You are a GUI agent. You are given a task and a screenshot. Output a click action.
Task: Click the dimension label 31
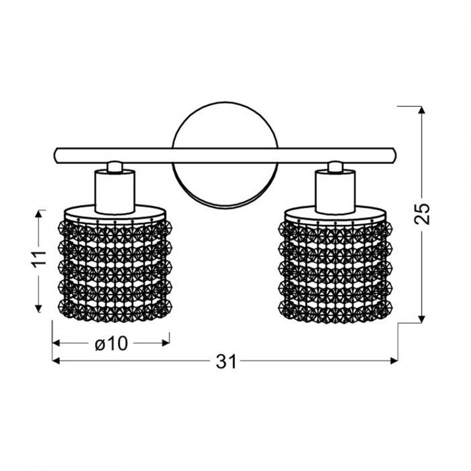226,362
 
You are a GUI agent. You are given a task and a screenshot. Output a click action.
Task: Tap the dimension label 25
422,214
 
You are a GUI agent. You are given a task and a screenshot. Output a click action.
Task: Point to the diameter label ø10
111,343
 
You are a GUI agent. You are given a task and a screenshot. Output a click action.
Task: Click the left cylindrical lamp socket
115,192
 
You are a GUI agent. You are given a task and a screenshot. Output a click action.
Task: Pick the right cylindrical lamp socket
336,192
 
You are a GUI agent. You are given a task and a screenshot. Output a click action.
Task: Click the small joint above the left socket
115,167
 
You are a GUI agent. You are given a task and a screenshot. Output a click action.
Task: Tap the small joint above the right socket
335,167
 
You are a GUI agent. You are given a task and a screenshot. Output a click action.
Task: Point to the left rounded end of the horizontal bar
56,156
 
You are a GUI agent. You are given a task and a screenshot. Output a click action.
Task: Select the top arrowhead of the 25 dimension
422,110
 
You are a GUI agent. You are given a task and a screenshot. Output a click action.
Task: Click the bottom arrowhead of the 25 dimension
422,319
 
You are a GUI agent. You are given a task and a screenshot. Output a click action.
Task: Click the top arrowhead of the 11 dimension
38,214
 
